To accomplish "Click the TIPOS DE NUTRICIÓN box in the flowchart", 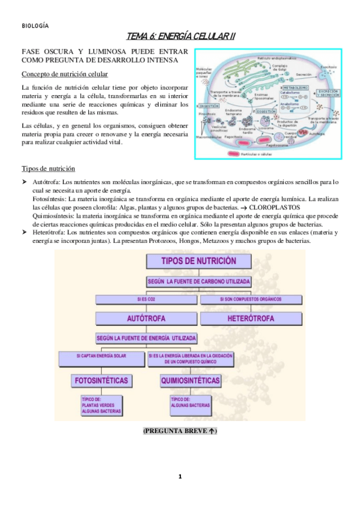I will pos(198,261).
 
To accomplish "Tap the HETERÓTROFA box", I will pos(247,317).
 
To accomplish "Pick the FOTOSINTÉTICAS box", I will pos(100,380).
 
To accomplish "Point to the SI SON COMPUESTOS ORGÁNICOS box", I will pos(246,298).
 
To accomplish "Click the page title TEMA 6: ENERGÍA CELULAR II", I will pos(180,37).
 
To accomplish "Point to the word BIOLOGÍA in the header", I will pos(35,26).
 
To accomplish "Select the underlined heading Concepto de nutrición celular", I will pos(64,74).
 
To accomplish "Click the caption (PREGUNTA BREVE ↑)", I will pos(180,431).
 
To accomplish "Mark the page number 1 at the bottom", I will pos(179,477).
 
